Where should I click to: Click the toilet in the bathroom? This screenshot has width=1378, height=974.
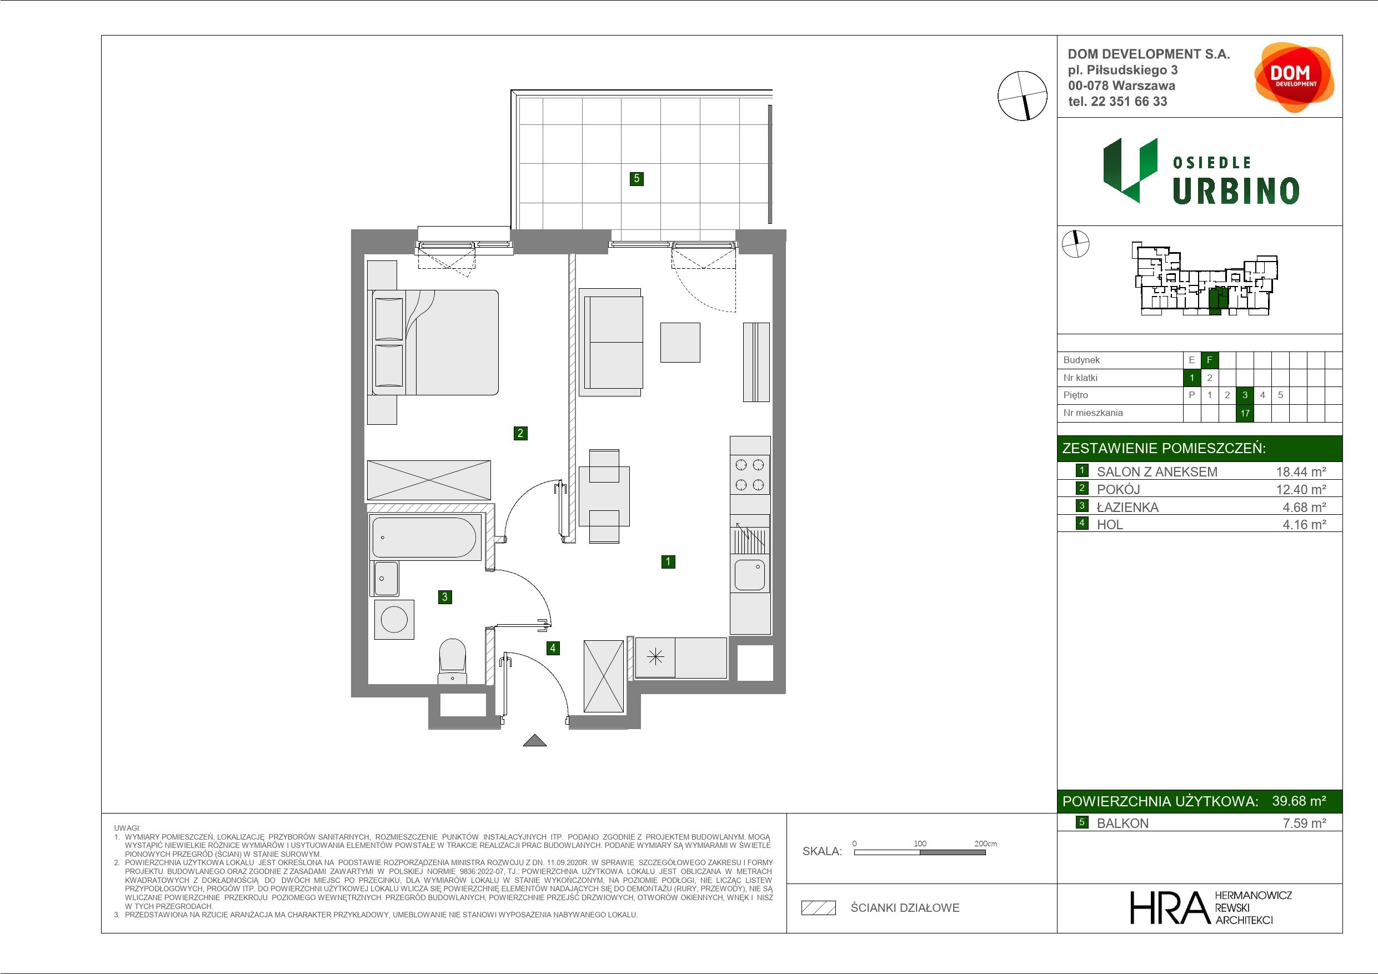453,661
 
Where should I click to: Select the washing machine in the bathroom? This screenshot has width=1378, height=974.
394,619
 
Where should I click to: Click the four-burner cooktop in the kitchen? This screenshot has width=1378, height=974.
750,474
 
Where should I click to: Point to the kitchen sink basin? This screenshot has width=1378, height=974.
750,574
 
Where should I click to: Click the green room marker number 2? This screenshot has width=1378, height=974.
520,433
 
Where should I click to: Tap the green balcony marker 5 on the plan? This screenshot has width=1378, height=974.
637,178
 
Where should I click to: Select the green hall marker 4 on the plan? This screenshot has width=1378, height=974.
553,648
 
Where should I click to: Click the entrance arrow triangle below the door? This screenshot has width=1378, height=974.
535,741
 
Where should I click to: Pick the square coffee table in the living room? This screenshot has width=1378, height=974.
680,343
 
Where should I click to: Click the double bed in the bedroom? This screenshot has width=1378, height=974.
433,343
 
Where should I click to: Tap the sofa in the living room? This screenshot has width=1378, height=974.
611,342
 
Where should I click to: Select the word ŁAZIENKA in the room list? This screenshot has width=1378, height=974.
1128,507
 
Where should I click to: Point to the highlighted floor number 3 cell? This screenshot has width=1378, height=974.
1245,395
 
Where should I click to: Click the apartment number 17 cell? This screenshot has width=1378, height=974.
1245,413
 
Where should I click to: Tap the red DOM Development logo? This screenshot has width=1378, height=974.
1294,77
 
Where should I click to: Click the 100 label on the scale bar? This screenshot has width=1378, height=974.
920,843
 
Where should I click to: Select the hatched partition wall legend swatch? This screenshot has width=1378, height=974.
819,908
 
